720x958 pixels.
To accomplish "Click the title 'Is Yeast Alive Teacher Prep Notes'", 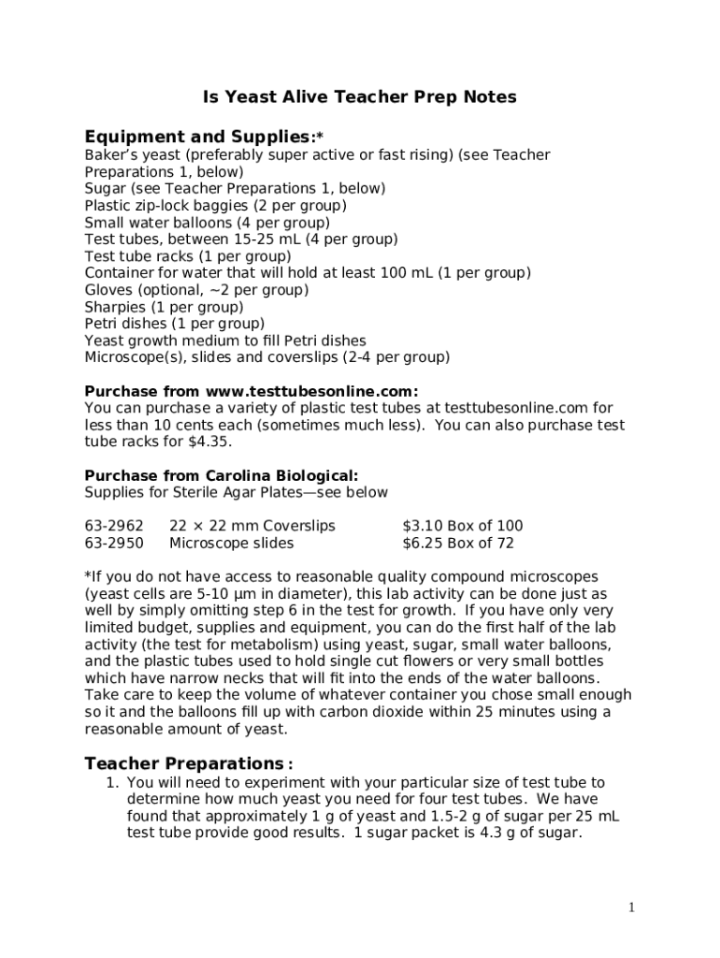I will click(360, 97).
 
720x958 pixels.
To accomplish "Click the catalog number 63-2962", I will click(114, 526).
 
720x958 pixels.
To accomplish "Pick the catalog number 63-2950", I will click(114, 543).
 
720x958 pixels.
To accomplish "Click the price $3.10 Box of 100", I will click(462, 526).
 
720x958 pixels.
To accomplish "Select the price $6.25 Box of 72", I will click(458, 543).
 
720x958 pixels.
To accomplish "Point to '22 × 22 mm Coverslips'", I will click(252, 526).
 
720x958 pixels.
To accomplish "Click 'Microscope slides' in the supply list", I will click(231, 543).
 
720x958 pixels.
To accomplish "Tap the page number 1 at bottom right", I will click(632, 907).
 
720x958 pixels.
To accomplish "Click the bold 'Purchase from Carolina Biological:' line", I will click(222, 475).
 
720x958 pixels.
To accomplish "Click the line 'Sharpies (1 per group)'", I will click(164, 307).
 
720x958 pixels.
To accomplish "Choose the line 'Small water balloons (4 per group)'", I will click(207, 223).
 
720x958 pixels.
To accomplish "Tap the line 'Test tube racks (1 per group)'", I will click(188, 256).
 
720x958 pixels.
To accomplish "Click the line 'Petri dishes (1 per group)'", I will click(175, 324).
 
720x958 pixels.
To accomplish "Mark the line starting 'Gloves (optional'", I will click(196, 290).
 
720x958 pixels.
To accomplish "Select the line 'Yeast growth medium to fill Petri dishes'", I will click(225, 341).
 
